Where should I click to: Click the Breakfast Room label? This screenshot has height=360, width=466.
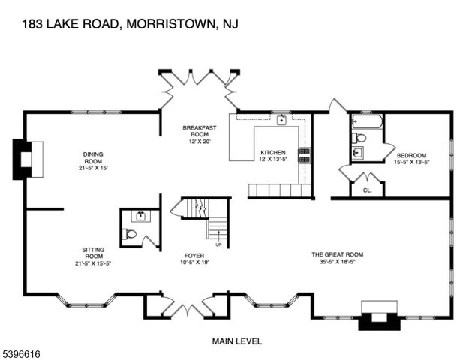click(199, 132)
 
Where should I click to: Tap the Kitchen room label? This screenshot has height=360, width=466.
click(272, 152)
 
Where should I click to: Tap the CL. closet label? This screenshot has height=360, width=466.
click(367, 190)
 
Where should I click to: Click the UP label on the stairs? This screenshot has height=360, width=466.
click(218, 244)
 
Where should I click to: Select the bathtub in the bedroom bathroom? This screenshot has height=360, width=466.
click(366, 122)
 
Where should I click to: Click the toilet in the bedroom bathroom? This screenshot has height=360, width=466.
click(359, 138)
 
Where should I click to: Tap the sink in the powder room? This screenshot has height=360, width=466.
click(140, 216)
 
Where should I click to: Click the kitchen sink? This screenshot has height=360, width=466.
click(281, 120)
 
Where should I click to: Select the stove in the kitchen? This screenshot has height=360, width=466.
click(305, 154)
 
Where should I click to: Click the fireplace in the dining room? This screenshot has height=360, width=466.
click(24, 159)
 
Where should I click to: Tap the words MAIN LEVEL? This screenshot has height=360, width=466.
click(237, 341)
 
